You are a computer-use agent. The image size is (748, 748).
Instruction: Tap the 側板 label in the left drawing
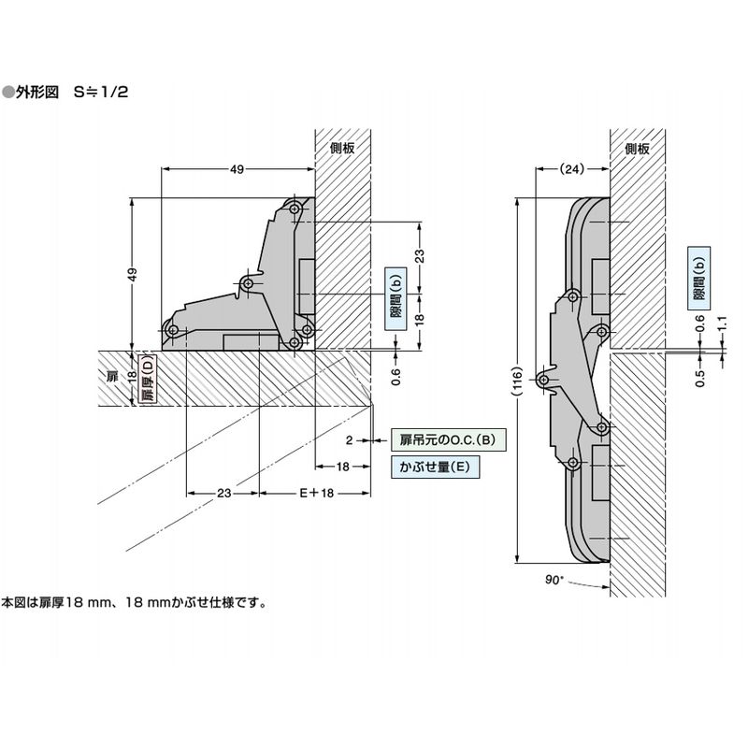click(343, 148)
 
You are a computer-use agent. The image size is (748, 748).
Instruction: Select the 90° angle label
click(554, 581)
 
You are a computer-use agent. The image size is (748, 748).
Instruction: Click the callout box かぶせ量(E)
click(433, 467)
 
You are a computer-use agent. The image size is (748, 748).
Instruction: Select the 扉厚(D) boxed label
click(146, 381)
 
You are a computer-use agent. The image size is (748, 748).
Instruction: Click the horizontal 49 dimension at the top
click(237, 169)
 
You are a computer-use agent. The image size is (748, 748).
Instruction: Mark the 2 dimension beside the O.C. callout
click(348, 439)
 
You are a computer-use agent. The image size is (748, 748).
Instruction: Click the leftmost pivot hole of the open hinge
click(171, 328)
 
